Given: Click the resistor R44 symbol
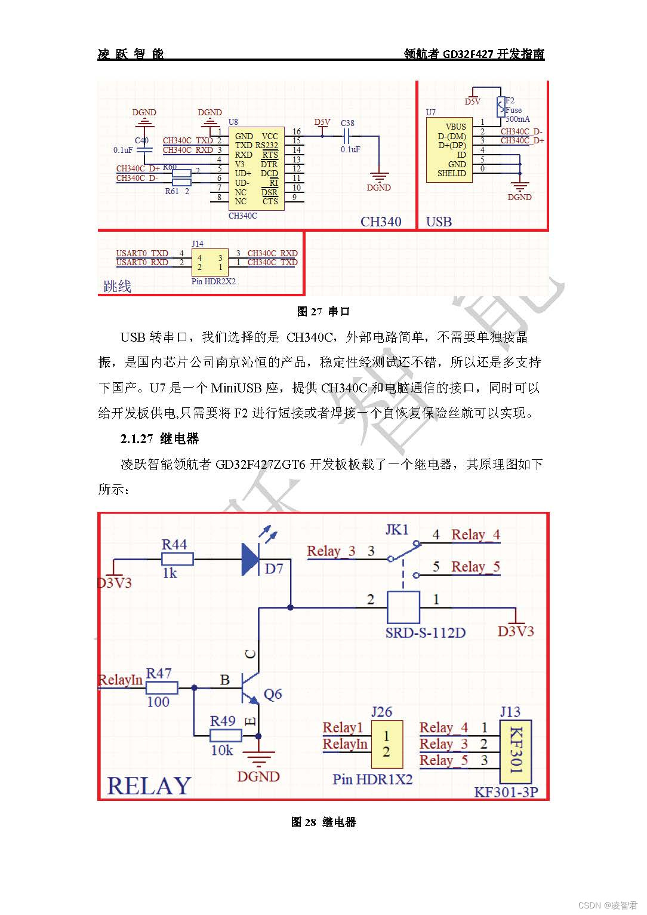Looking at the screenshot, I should tap(177, 559).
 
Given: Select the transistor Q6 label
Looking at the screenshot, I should tap(273, 694).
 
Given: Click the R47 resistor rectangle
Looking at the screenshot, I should tap(161, 688).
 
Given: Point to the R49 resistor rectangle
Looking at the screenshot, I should tap(226, 736).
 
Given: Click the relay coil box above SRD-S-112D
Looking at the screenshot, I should tap(403, 607).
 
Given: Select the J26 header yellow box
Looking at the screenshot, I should tap(386, 744).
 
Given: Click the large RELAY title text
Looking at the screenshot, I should tap(149, 785).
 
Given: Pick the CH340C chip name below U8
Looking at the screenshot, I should tap(242, 216).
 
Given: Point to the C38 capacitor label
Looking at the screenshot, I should tap(347, 124).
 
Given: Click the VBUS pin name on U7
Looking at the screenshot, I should tap(456, 127).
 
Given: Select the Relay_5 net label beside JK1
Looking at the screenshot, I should tap(475, 567).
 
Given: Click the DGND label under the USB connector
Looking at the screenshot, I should tap(519, 197).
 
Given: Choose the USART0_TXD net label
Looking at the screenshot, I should tap(142, 253).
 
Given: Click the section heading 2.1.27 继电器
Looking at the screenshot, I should tap(159, 439).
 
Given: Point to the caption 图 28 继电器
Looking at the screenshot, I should tap(323, 822).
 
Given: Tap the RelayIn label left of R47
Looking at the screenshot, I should tap(121, 680).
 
